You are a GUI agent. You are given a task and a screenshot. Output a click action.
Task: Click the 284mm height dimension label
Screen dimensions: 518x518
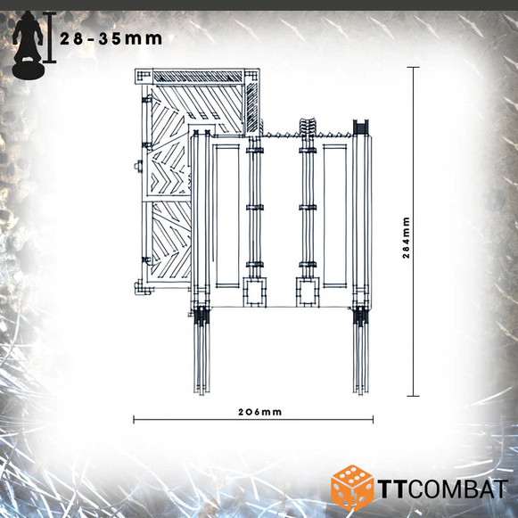pyautogui.click(x=407, y=237)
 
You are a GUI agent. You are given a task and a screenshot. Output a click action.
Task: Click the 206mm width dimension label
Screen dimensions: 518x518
pyautogui.click(x=260, y=412)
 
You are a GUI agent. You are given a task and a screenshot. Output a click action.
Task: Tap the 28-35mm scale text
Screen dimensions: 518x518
pyautogui.click(x=111, y=39)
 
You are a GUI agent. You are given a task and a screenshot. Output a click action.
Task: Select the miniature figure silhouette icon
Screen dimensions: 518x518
pyautogui.click(x=28, y=45)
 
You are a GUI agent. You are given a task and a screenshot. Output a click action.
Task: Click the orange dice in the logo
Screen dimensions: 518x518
pyautogui.click(x=352, y=488)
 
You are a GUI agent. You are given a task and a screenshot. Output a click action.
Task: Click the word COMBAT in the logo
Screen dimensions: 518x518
pyautogui.click(x=457, y=489)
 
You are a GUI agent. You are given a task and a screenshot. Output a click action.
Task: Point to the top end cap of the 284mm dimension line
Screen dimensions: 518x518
pyautogui.click(x=414, y=68)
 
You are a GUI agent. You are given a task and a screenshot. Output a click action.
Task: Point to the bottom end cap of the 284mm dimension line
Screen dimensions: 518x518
pyautogui.click(x=414, y=396)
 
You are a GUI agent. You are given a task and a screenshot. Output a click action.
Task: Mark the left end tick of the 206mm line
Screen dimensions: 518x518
pyautogui.click(x=134, y=420)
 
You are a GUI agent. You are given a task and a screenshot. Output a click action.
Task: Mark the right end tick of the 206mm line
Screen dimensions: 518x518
pyautogui.click(x=373, y=420)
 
